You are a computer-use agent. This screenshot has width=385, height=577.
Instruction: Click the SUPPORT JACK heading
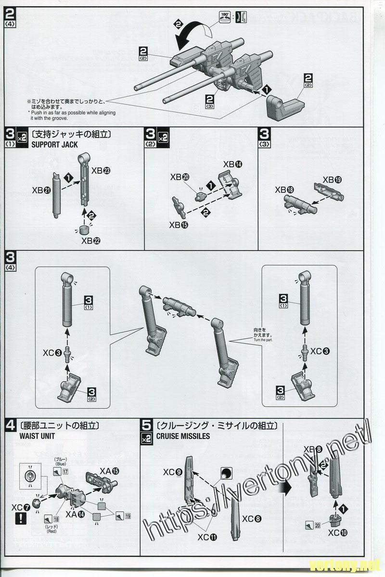[x=54, y=144]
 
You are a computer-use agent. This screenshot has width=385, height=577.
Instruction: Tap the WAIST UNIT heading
[x=37, y=436]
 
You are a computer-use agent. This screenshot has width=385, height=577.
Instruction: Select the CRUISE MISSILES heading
[x=183, y=436]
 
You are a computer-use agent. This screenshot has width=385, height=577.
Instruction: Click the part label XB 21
[x=42, y=190]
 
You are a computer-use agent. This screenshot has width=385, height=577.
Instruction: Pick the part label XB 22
[x=91, y=240]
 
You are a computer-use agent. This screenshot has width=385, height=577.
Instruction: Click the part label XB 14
[x=233, y=164]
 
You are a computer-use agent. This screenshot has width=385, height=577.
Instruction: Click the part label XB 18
[x=284, y=190]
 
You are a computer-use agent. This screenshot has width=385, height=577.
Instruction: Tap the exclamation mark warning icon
[x=21, y=518]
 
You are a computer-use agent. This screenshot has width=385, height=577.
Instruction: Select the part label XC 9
[x=172, y=472]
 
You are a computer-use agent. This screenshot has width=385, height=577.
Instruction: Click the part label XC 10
[x=338, y=532]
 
